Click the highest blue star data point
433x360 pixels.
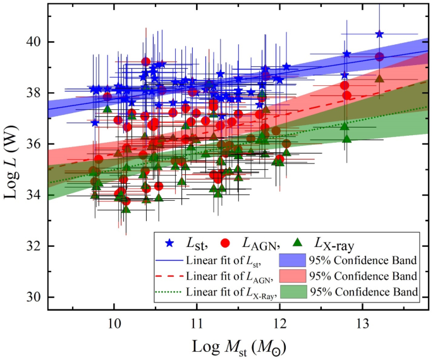379,34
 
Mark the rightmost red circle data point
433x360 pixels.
379,57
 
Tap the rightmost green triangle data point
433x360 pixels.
379,78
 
